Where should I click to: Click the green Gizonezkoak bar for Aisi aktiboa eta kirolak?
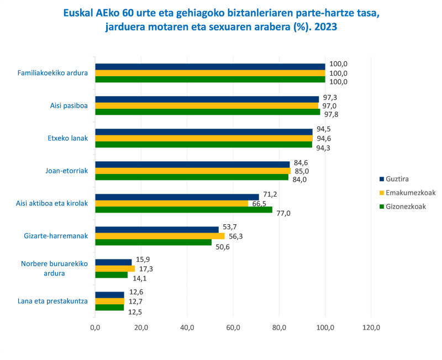(183, 210)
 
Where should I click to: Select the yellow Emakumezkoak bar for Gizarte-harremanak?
(160, 236)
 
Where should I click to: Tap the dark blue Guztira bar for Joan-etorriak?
(192, 164)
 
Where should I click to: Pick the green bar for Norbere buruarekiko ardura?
(111, 275)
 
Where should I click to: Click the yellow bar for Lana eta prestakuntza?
(109, 301)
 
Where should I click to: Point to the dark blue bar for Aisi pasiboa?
(207, 99)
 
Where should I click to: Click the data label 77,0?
(283, 213)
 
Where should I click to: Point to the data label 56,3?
(236, 236)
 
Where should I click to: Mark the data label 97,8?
(331, 115)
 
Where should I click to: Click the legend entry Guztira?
(398, 179)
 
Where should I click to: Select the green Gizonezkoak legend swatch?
(382, 207)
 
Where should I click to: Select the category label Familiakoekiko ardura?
(52, 73)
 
